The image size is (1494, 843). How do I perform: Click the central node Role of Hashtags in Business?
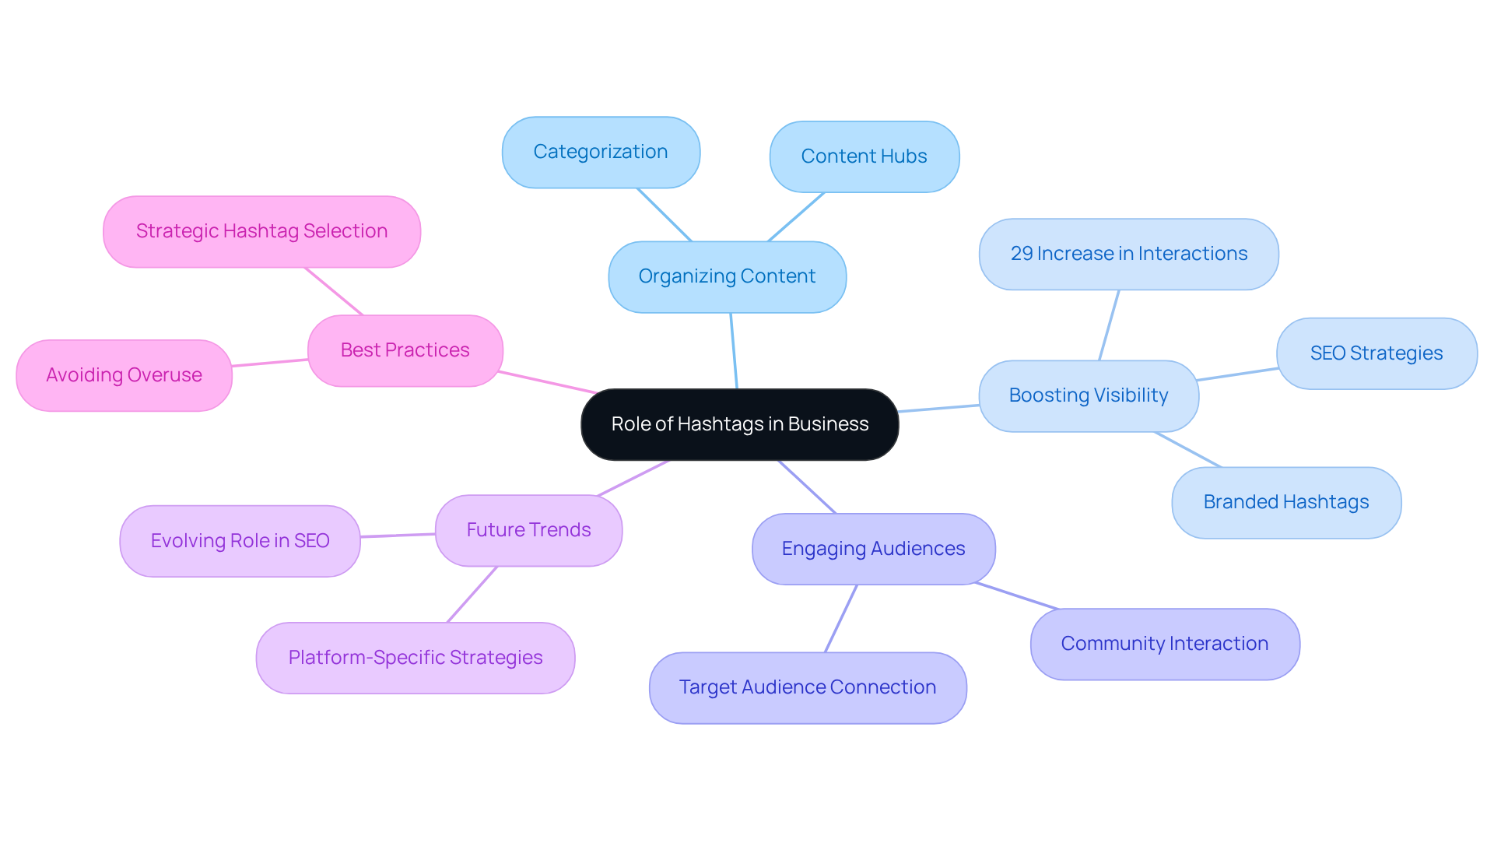pyautogui.click(x=739, y=424)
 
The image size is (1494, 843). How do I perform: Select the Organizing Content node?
pyautogui.click(x=727, y=277)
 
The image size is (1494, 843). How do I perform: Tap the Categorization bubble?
pyautogui.click(x=601, y=153)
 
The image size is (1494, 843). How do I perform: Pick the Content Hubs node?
pyautogui.click(x=864, y=156)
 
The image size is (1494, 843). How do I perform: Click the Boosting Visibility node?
pyautogui.click(x=1088, y=395)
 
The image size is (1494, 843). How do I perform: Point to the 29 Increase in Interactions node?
pyautogui.click(x=1128, y=255)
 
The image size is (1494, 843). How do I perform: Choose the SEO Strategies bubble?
pyautogui.click(x=1376, y=353)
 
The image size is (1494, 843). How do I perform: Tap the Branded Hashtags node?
pyautogui.click(x=1285, y=502)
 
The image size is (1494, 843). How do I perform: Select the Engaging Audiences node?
pyautogui.click(x=873, y=549)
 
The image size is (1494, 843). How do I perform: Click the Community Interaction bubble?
pyautogui.click(x=1164, y=644)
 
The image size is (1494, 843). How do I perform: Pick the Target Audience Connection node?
pyautogui.click(x=808, y=687)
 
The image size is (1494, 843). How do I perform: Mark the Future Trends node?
pyautogui.click(x=528, y=530)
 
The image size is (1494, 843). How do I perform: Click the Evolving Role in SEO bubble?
pyautogui.click(x=240, y=541)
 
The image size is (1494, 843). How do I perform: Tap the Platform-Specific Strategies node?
pyautogui.click(x=416, y=658)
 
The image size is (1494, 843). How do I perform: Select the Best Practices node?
pyautogui.click(x=405, y=350)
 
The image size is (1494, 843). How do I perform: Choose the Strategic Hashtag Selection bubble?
pyautogui.click(x=261, y=232)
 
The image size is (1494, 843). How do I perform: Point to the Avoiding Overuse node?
pyautogui.click(x=124, y=375)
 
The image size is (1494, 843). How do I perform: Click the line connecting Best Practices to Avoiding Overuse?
pyautogui.click(x=270, y=363)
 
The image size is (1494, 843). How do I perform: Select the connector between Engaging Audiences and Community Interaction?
pyautogui.click(x=1016, y=595)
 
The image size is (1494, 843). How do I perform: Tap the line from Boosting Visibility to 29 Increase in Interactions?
pyautogui.click(x=1109, y=325)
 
